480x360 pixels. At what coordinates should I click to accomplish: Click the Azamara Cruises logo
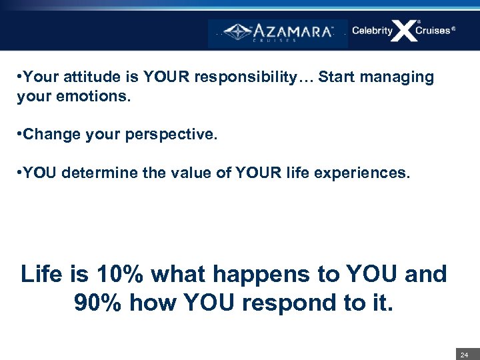[278, 32]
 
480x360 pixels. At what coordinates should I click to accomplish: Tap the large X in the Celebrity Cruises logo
[404, 31]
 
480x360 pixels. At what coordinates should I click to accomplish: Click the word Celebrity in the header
[372, 31]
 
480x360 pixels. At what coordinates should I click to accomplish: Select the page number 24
[465, 355]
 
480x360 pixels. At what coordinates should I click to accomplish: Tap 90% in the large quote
[99, 303]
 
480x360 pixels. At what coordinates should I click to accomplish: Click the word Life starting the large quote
[43, 274]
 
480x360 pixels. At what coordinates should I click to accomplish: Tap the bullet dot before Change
[19, 135]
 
